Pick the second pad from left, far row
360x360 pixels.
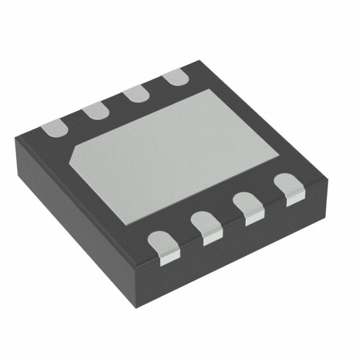coord(96,111)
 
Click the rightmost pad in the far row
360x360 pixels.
coord(173,77)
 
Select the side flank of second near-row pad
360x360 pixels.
coord(212,238)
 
